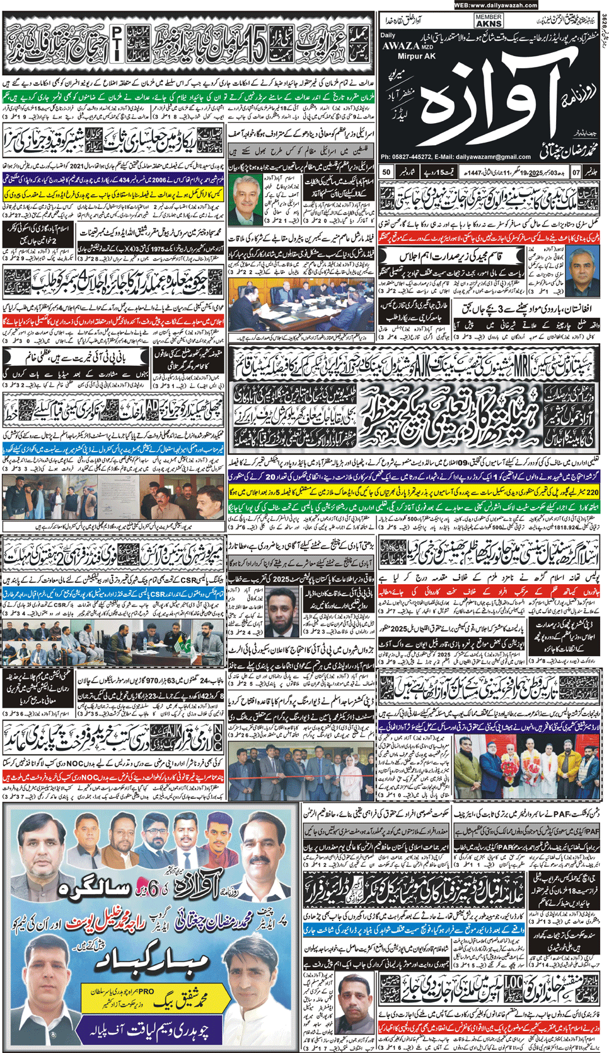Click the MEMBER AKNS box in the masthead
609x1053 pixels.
point(489,21)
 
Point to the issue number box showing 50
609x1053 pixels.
point(386,172)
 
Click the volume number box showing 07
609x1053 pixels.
point(576,172)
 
